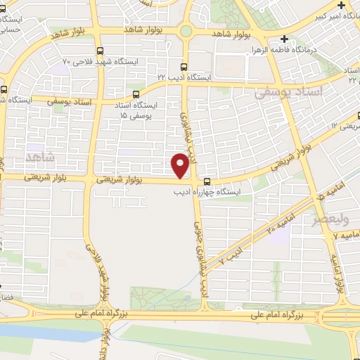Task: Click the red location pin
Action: click(181, 165)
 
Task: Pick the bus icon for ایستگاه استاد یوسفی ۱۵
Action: click(135, 95)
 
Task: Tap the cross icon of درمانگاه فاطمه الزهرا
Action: click(285, 39)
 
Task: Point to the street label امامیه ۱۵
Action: click(321, 192)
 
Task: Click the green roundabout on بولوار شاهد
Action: click(186, 31)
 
